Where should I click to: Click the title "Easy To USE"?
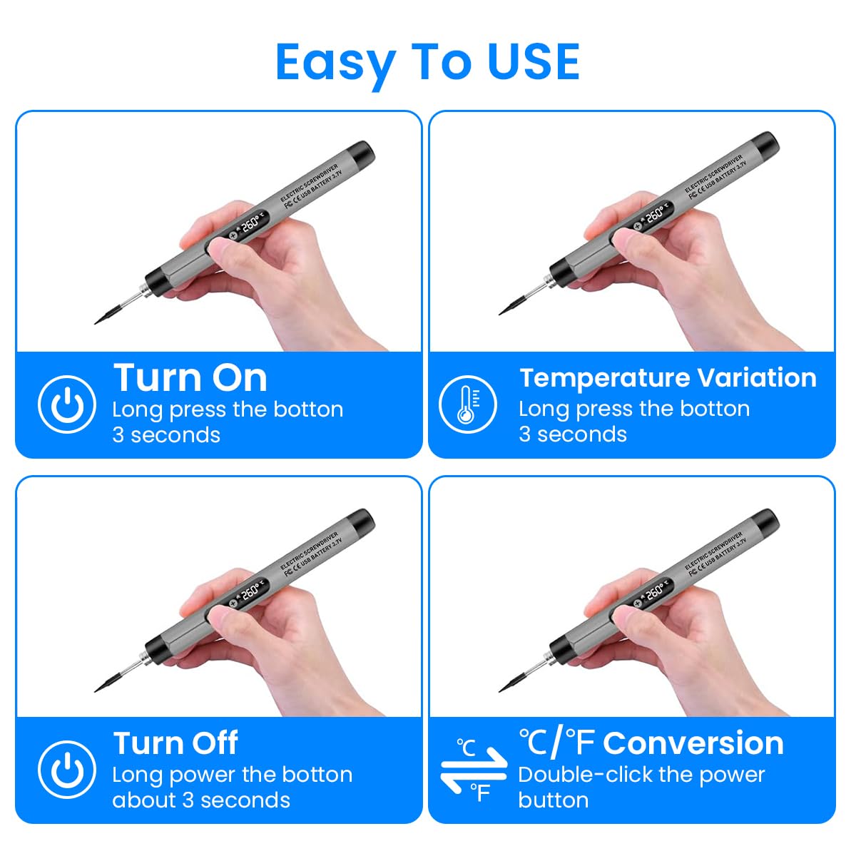coord(427,61)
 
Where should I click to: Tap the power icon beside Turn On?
coord(66,404)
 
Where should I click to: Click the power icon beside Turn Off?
coord(66,770)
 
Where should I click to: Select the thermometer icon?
coord(467,404)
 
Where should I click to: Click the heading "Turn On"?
coord(190,377)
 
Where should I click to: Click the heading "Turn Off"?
coord(175,743)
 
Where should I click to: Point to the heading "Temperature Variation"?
coord(668,377)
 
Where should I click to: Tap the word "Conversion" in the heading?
coord(693,743)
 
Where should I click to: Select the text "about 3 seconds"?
coord(201,800)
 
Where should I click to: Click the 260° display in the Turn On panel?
coord(250,225)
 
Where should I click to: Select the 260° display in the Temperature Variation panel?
coord(654,215)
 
